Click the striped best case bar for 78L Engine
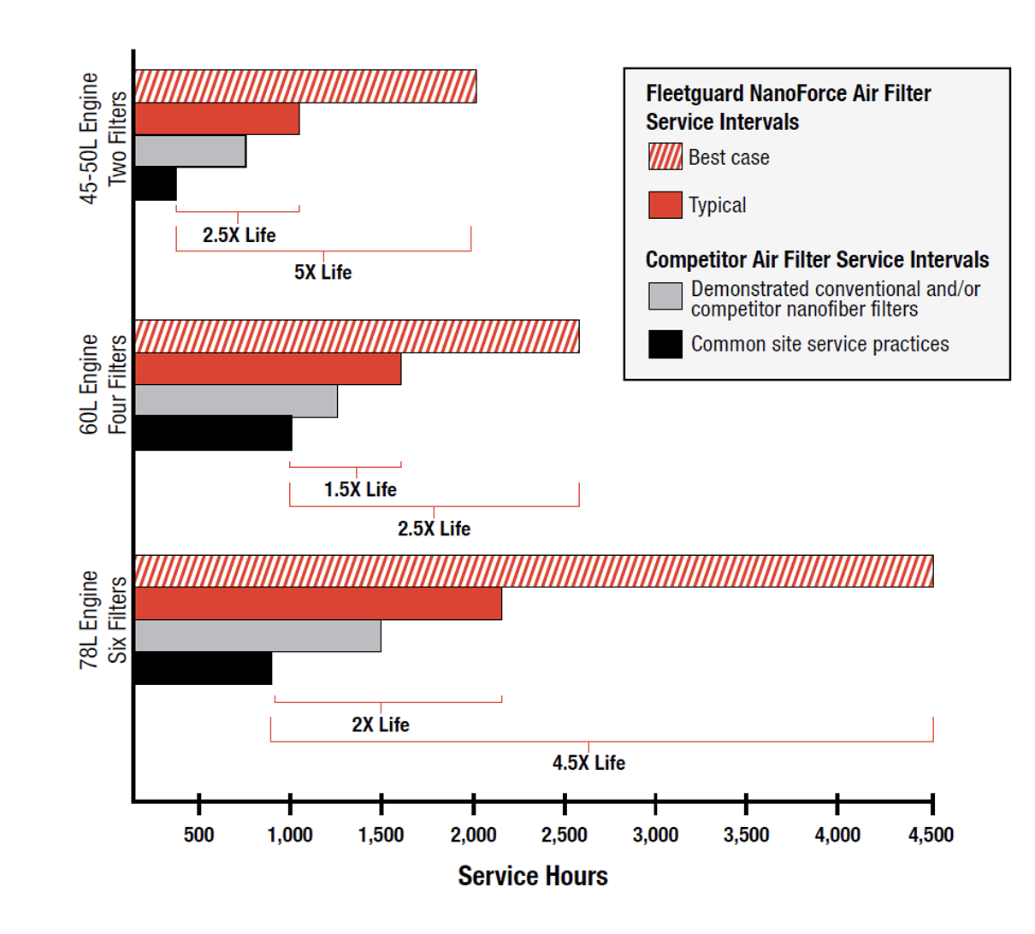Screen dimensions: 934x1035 pos(533,571)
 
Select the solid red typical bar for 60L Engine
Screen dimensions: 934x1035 pos(268,369)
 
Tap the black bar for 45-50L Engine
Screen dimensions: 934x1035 pos(156,184)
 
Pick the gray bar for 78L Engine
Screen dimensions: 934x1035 pos(257,635)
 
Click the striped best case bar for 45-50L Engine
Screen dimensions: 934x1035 pos(305,86)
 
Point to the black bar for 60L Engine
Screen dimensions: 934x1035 pos(213,434)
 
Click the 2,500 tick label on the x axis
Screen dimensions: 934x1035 pos(564,835)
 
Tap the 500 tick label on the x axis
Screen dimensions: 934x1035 pos(198,835)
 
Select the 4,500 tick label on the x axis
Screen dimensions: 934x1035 pos(931,835)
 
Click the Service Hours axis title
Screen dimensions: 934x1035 pos(532,876)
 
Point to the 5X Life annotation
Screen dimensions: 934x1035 pos(322,272)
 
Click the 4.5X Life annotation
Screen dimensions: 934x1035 pos(588,762)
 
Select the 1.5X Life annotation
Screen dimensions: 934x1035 pos(360,489)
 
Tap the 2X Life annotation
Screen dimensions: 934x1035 pos(380,724)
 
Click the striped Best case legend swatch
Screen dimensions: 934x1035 pos(665,157)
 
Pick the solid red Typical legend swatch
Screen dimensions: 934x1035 pos(665,205)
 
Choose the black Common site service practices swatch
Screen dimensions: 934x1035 pos(665,344)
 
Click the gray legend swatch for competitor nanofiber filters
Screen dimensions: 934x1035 pos(665,296)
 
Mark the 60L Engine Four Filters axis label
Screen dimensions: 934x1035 pos(103,384)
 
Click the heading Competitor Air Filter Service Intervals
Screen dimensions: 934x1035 pos(817,259)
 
